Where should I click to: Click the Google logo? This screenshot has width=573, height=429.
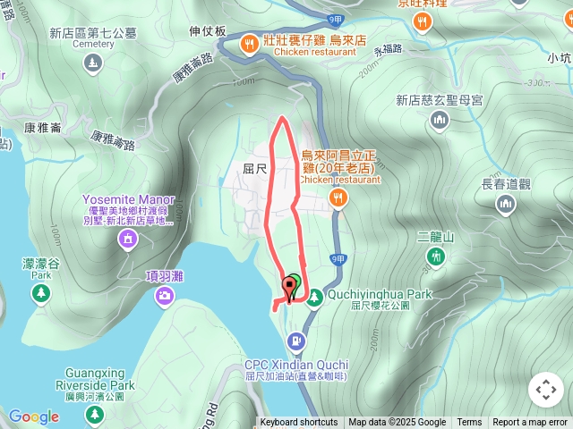[34, 416]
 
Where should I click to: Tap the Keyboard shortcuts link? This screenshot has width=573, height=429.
[299, 423]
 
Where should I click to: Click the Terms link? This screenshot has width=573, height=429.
[469, 423]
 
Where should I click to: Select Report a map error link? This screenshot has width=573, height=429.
[530, 423]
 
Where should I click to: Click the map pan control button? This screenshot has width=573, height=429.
[545, 390]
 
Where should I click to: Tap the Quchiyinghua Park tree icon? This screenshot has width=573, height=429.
[313, 299]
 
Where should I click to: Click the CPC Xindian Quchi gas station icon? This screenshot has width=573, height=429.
[295, 341]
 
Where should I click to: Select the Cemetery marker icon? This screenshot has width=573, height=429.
[94, 63]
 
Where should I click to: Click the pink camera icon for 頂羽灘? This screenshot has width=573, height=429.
[165, 296]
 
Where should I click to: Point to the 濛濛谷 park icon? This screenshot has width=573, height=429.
[41, 293]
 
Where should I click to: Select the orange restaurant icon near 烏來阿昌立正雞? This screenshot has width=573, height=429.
[338, 198]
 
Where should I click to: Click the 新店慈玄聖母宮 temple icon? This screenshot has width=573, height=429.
[439, 121]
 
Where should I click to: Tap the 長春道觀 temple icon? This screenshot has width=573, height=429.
[507, 205]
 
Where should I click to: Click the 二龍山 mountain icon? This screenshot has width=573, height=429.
[436, 257]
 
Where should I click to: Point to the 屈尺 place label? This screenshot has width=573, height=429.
[255, 167]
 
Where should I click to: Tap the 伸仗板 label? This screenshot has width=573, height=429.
[208, 30]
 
